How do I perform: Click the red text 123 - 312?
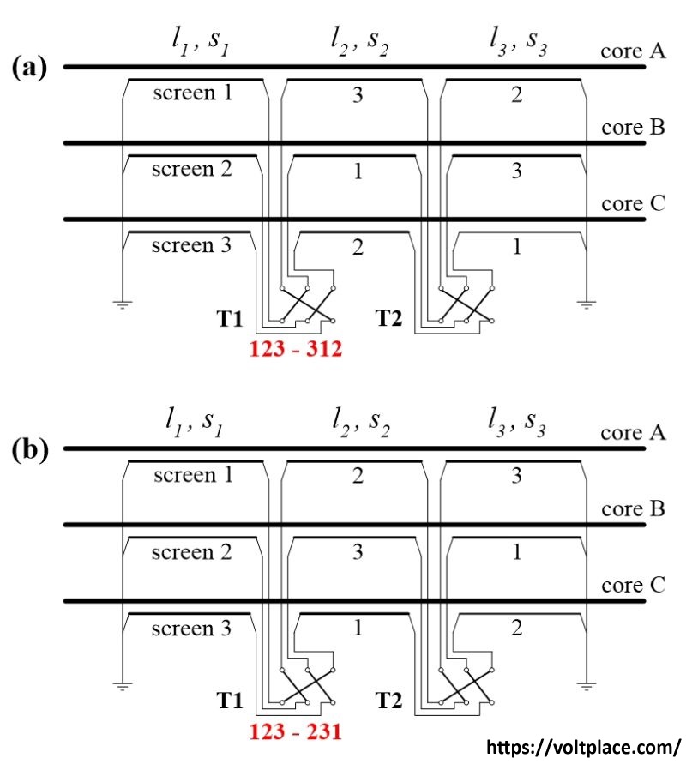tap(296, 350)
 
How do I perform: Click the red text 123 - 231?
tap(296, 733)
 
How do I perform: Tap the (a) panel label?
tap(30, 68)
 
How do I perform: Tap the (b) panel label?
tap(30, 450)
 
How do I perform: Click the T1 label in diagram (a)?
tap(230, 321)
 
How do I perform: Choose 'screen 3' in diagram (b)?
tap(191, 629)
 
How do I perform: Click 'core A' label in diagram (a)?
tap(633, 52)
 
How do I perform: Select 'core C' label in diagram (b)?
tap(633, 587)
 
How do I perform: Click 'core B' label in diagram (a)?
tap(633, 128)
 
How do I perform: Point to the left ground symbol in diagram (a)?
tap(123, 304)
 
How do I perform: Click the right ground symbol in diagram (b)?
tap(586, 685)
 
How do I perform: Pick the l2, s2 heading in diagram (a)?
tap(359, 41)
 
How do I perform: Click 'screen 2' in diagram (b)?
tap(192, 552)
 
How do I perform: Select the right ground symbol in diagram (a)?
tap(586, 304)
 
